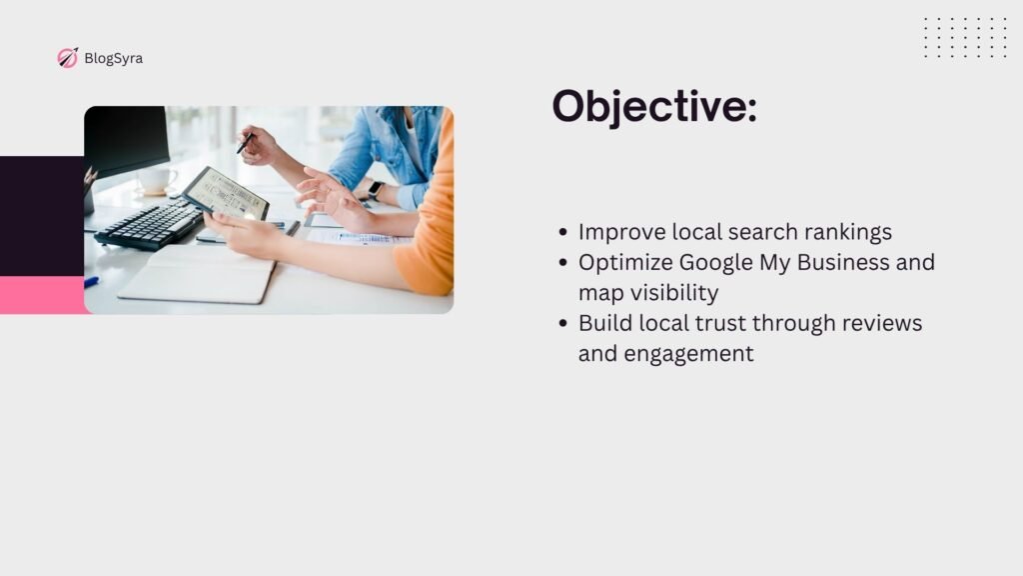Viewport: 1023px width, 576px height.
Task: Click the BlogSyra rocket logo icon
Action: (x=67, y=58)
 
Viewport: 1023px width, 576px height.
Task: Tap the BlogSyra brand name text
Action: (x=114, y=58)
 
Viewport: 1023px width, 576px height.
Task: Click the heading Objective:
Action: (x=654, y=106)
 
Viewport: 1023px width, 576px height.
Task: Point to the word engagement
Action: (x=688, y=354)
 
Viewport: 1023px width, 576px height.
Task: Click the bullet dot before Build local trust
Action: (x=563, y=323)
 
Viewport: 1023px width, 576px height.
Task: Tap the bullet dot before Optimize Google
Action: (x=563, y=263)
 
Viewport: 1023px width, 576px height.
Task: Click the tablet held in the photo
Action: (x=226, y=194)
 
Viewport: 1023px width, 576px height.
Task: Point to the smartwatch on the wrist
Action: (x=375, y=190)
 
